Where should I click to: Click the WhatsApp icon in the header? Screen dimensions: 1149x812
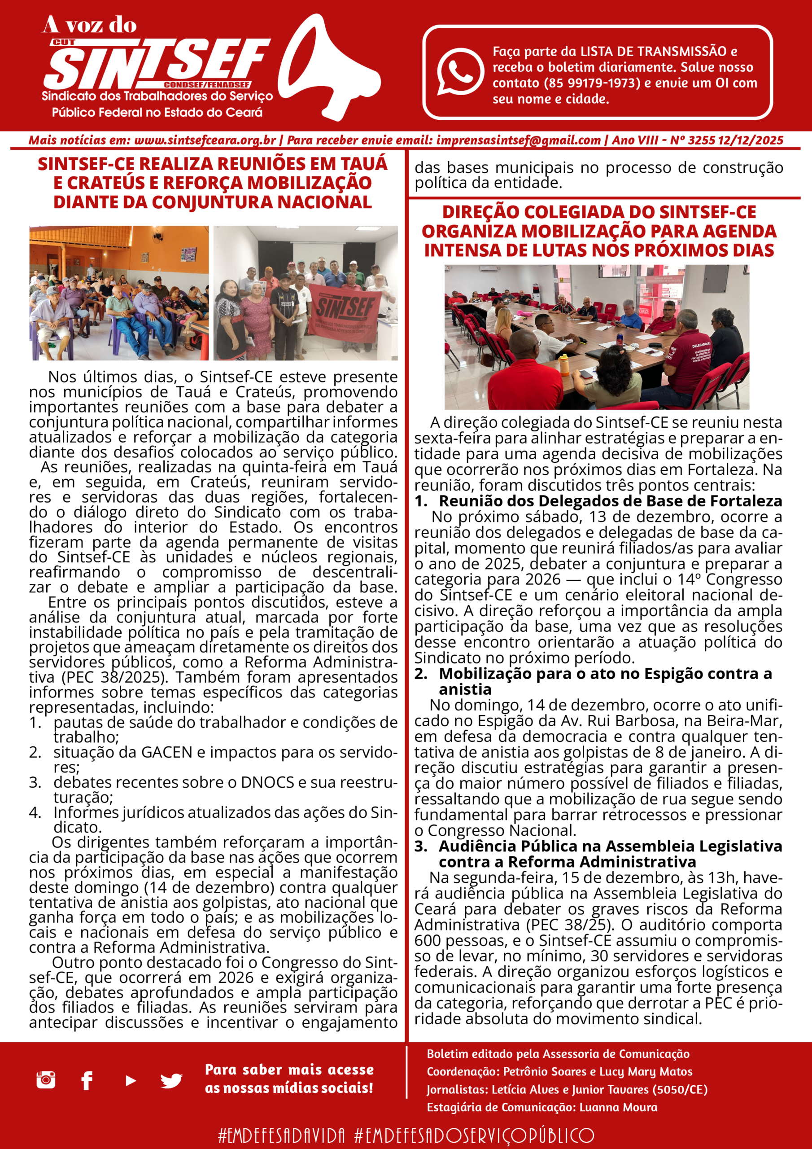click(x=460, y=71)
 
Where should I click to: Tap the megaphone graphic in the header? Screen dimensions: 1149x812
click(x=327, y=68)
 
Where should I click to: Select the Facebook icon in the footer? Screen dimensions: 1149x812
click(x=87, y=1080)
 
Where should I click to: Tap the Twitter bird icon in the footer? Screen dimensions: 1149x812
click(x=171, y=1080)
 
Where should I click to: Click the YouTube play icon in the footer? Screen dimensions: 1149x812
click(x=131, y=1080)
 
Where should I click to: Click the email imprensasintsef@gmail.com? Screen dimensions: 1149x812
click(x=518, y=140)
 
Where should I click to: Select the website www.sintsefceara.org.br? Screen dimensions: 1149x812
click(x=205, y=140)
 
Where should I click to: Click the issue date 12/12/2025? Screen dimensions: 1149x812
click(x=751, y=140)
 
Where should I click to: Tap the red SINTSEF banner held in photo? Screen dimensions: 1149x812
click(x=345, y=313)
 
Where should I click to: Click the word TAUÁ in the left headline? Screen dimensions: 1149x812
click(x=364, y=164)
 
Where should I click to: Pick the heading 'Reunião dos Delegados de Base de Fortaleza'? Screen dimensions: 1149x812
click(x=611, y=501)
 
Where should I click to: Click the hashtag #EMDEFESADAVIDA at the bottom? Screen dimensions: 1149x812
click(x=282, y=1135)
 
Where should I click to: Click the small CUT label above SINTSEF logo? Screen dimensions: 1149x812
click(x=64, y=43)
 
